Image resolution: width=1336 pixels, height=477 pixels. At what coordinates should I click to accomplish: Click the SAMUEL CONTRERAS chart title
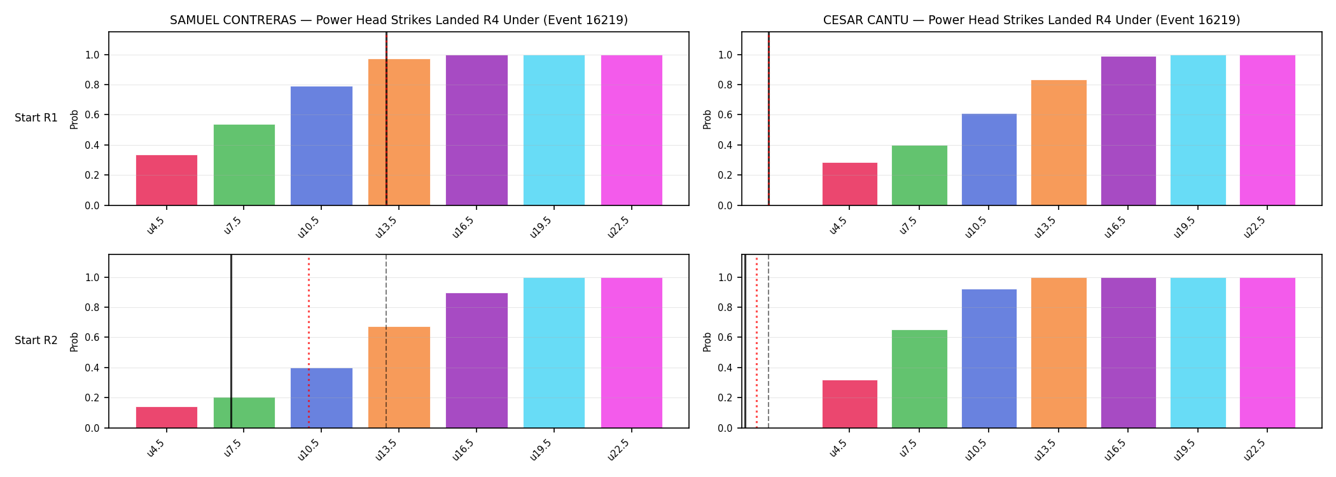coord(399,20)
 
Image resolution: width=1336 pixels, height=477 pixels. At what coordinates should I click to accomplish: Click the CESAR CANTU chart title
coord(1031,20)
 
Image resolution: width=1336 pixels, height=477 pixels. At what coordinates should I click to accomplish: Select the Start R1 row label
coord(36,118)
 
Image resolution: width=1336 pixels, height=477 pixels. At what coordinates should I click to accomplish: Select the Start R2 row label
coord(36,341)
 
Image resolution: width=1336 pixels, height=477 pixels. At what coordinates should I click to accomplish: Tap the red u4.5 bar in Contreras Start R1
coord(167,181)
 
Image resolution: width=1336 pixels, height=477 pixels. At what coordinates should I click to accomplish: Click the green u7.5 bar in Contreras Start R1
coord(244,165)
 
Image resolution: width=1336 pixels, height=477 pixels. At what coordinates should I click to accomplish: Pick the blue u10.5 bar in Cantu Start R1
coord(989,160)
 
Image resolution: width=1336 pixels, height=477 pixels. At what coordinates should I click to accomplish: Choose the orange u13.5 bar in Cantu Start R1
coord(1059,143)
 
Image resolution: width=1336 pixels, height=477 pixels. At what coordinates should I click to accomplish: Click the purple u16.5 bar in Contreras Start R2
coord(477,361)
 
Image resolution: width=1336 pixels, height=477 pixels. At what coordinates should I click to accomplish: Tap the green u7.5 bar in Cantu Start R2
coord(919,379)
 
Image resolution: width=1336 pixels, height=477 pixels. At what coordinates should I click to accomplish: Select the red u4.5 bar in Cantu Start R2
coord(850,404)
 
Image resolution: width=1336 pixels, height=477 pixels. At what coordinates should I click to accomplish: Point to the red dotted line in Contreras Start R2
coord(309,342)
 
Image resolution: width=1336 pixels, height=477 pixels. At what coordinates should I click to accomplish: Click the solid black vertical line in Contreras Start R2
coord(231,342)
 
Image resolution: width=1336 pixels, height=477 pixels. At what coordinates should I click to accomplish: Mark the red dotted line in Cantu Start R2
coord(756,342)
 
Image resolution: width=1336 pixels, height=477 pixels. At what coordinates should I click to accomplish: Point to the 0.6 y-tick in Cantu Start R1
coord(725,115)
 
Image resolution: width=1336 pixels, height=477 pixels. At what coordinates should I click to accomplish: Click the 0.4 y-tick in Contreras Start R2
coord(93,368)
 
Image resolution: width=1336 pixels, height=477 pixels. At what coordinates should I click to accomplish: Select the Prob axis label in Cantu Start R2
coord(707,342)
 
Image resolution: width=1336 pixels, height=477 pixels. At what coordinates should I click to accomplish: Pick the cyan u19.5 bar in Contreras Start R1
coord(554,130)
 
